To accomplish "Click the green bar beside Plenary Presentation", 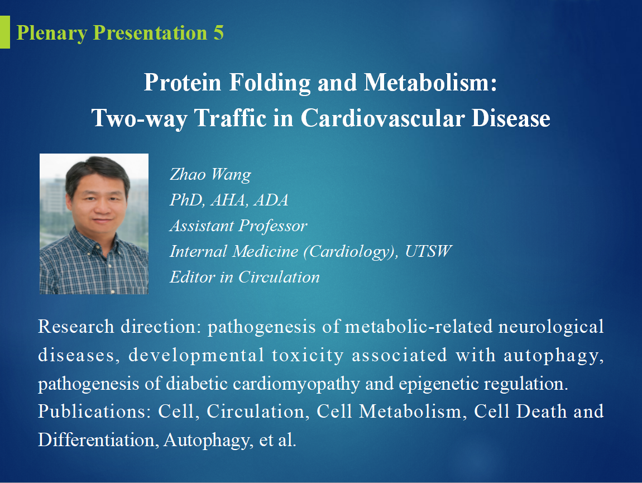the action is click(x=4, y=32).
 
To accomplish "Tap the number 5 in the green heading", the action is click(x=218, y=33).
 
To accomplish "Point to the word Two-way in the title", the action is click(x=139, y=118).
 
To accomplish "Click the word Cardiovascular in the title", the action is click(x=382, y=118).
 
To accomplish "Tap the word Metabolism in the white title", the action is click(x=430, y=82).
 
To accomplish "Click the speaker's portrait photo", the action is click(x=94, y=224).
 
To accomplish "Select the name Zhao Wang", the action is click(x=210, y=175).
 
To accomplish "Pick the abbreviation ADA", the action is click(x=271, y=200).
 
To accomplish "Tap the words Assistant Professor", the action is click(x=238, y=226).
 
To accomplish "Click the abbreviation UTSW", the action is click(x=428, y=251).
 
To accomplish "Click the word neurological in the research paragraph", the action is click(x=551, y=327).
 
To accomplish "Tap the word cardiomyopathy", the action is click(x=296, y=384).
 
